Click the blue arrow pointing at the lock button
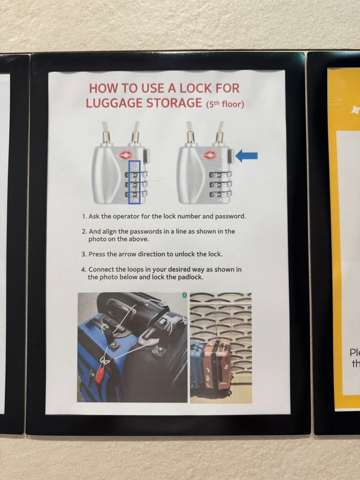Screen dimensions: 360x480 pos(246,156)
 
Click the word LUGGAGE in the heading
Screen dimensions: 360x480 pos(114,103)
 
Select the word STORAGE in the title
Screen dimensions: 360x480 pos(174,103)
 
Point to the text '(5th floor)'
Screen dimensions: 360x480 pos(225,104)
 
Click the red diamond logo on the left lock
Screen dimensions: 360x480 pos(126,155)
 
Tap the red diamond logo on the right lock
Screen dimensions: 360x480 pos(211,155)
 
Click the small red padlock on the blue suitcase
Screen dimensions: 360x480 pos(100,375)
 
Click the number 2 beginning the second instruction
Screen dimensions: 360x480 pos(84,231)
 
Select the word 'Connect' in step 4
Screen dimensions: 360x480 pos(101,270)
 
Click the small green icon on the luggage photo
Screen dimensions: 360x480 pos(185,295)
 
